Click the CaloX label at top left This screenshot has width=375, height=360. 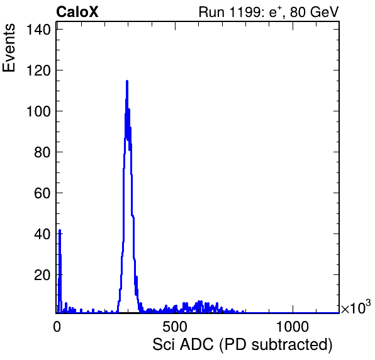[77, 12]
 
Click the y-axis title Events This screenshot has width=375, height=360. [9, 48]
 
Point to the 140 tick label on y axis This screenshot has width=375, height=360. [38, 30]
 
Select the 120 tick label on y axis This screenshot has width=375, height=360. [38, 70]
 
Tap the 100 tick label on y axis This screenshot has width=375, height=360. [38, 111]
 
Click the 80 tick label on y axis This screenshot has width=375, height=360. [42, 152]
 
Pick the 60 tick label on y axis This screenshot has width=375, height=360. [42, 193]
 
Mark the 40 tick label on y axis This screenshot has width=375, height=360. [42, 234]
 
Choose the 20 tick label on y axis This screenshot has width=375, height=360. [42, 275]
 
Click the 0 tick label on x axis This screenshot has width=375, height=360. [57, 327]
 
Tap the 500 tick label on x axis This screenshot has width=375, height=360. [174, 327]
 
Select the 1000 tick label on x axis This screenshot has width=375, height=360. [292, 327]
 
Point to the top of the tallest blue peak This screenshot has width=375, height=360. [127, 81]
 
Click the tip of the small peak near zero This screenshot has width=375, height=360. [60, 230]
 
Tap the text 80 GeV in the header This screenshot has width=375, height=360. [314, 12]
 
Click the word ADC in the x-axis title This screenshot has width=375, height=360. [196, 345]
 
